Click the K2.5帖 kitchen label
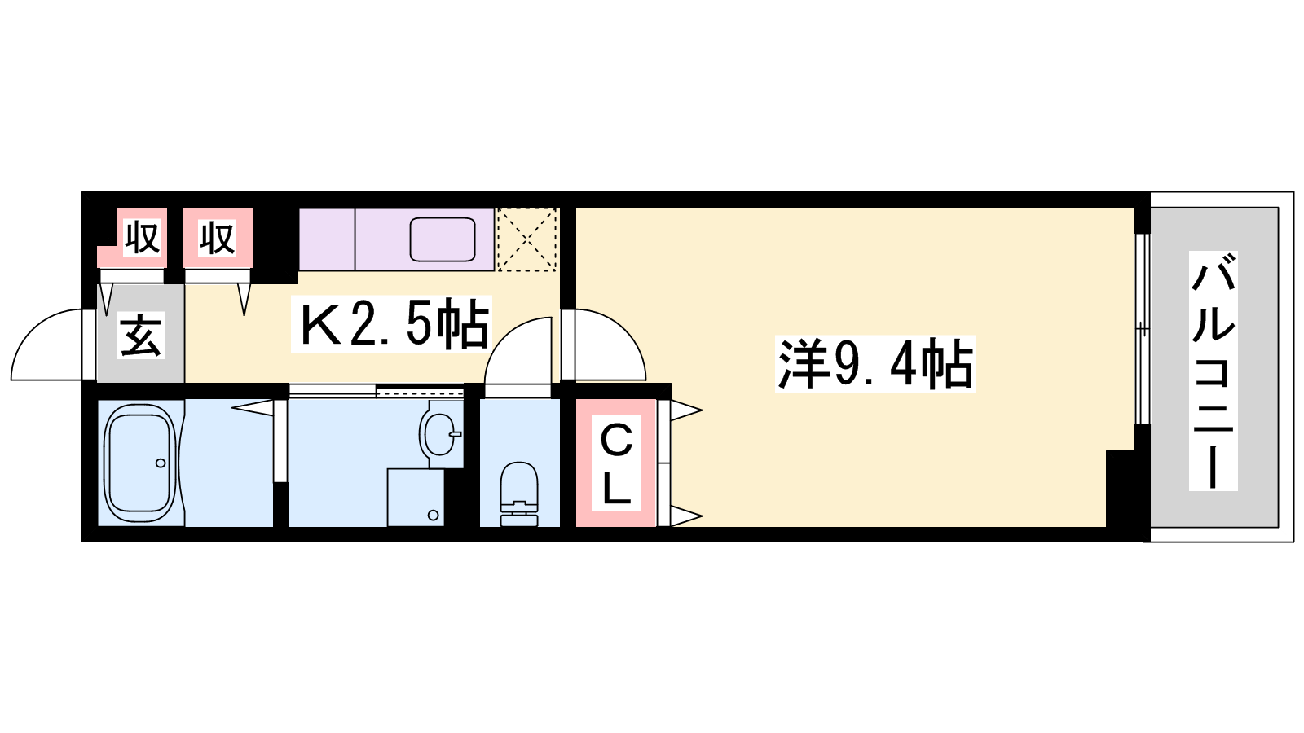(x=391, y=324)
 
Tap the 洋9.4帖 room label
(x=875, y=364)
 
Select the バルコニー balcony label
(x=1214, y=371)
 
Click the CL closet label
(x=616, y=463)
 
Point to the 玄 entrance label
(x=140, y=335)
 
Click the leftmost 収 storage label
(x=142, y=237)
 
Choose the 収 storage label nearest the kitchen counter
(x=217, y=237)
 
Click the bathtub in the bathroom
(x=139, y=463)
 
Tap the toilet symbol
(x=518, y=494)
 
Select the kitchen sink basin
(x=443, y=239)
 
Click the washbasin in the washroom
(x=439, y=434)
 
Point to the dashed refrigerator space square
(x=526, y=239)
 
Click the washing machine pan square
(x=416, y=498)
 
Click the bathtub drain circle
(x=160, y=463)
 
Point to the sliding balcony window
(x=1143, y=329)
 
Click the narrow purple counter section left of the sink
(x=327, y=239)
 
